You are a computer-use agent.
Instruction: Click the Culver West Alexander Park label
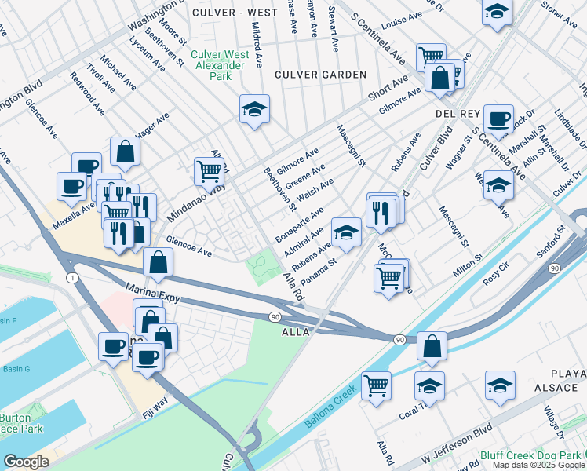tap(221, 65)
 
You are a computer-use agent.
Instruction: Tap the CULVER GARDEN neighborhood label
tap(320, 75)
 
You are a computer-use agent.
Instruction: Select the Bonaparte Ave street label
tap(299, 225)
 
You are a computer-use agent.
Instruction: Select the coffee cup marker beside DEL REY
tap(498, 119)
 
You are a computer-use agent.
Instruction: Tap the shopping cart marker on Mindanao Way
tap(209, 170)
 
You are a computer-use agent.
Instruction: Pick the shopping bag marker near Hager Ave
tap(126, 151)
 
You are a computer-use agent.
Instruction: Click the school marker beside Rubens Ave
tap(345, 232)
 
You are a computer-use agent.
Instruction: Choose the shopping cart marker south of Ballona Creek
tap(377, 386)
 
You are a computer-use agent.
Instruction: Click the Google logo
tap(27, 462)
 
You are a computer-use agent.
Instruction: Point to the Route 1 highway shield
tap(72, 278)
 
